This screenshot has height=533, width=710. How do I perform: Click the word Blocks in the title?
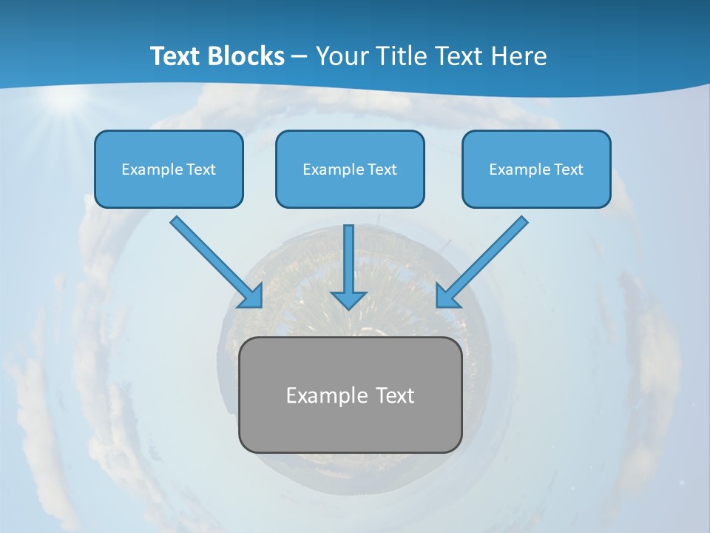click(246, 56)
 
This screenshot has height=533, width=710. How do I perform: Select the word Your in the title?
click(342, 56)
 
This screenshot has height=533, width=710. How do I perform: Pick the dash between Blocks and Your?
click(300, 57)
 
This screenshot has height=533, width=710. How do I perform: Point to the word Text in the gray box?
click(395, 395)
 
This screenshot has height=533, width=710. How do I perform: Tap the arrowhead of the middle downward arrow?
click(348, 299)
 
